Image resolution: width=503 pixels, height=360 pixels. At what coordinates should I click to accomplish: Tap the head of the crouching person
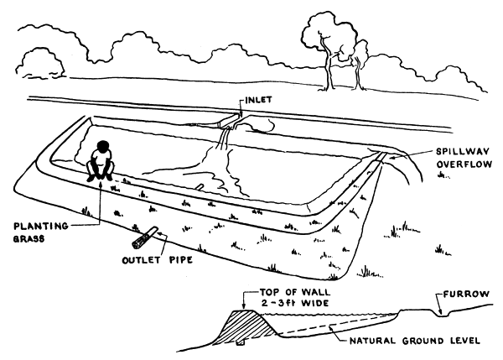click(x=101, y=146)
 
